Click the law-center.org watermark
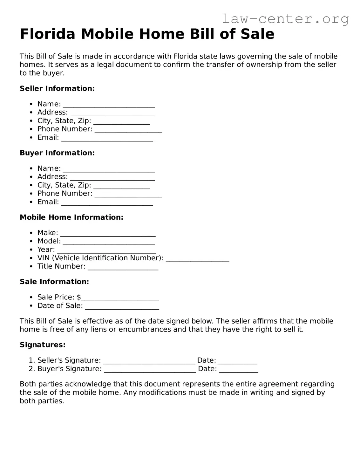[285, 19]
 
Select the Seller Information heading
[57, 88]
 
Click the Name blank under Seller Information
[109, 105]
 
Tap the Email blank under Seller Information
[107, 139]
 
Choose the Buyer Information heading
[57, 153]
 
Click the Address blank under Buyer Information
[112, 178]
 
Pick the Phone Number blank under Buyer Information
[128, 195]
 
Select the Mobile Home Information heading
[71, 217]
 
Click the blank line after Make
[108, 234]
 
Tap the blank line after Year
[106, 250]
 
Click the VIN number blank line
[197, 259]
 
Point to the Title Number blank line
[123, 267]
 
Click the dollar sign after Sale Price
[79, 297]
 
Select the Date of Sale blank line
[122, 307]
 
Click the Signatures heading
[43, 345]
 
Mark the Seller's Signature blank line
[149, 361]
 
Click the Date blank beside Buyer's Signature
[238, 370]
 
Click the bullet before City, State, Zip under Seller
[31, 121]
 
